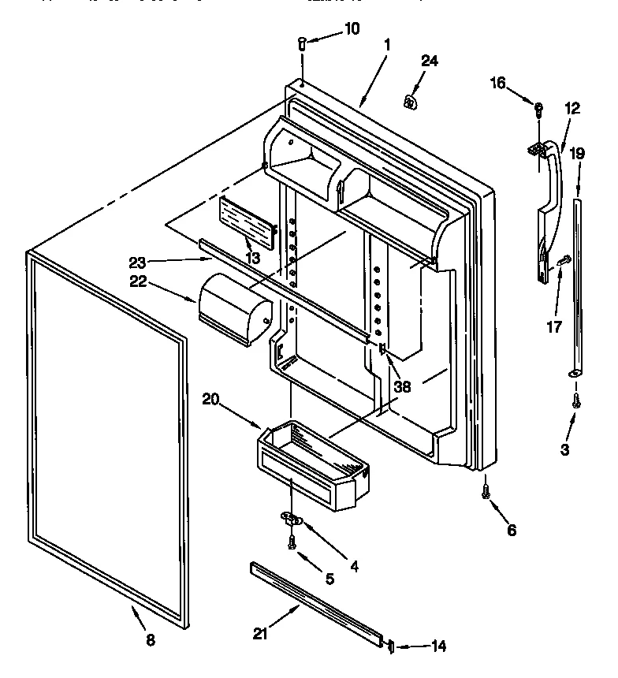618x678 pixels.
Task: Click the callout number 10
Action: click(x=351, y=29)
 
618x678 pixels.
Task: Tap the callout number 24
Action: click(x=429, y=61)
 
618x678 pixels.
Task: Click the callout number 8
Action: click(x=151, y=640)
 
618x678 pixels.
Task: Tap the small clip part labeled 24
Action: click(x=410, y=100)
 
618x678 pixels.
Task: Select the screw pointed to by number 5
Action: click(x=292, y=542)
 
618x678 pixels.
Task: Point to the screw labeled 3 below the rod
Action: click(x=576, y=400)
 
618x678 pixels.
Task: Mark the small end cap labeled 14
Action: click(x=390, y=646)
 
